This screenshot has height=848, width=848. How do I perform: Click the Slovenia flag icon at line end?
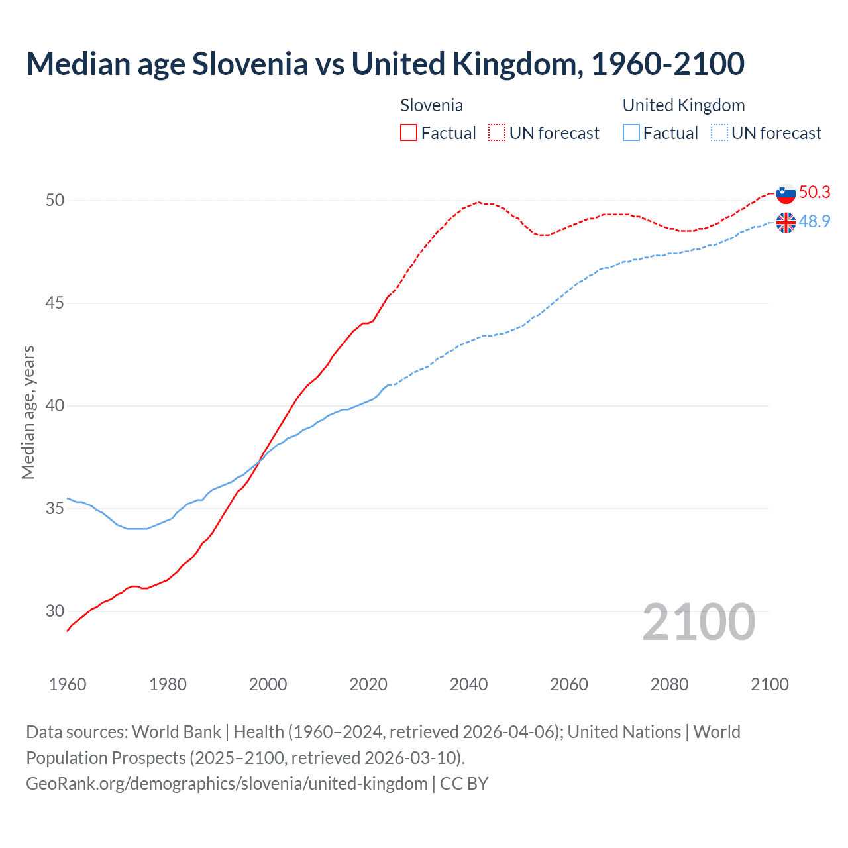click(786, 193)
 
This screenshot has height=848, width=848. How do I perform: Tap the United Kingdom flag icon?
click(786, 223)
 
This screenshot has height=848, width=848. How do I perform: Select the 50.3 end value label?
click(814, 192)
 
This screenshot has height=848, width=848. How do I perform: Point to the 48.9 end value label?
click(814, 221)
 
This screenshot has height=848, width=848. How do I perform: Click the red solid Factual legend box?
click(409, 133)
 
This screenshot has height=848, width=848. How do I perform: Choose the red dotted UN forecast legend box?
click(497, 133)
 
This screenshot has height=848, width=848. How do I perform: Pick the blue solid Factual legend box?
click(631, 133)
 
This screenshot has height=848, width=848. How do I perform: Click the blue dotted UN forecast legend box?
click(719, 133)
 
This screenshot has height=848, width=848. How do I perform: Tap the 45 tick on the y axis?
click(55, 303)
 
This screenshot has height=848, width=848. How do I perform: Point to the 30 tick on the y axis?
click(55, 611)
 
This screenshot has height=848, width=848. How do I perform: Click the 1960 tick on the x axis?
click(68, 684)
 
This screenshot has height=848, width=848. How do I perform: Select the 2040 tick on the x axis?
click(468, 684)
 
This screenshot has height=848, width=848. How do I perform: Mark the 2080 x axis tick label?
click(669, 684)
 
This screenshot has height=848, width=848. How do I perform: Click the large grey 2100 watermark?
click(699, 622)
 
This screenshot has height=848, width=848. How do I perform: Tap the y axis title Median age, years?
click(28, 412)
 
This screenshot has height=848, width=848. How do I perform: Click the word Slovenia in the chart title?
click(250, 64)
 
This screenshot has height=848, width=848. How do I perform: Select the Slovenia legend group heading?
click(431, 105)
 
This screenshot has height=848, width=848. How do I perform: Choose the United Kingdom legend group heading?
click(684, 105)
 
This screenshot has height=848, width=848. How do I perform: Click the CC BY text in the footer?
click(464, 784)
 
